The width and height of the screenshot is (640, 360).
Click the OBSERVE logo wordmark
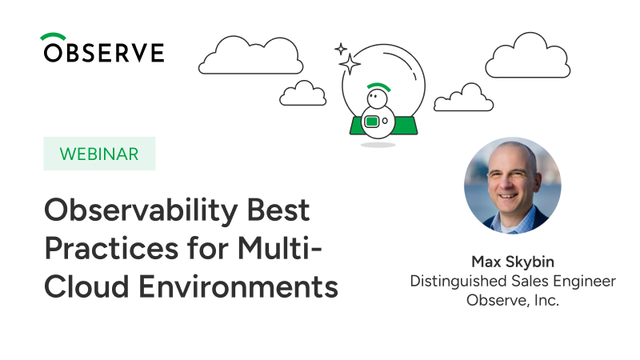(x=104, y=52)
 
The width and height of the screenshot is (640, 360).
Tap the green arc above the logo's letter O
(x=53, y=35)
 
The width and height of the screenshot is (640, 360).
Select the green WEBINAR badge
(x=99, y=154)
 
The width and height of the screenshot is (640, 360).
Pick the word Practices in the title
(x=111, y=248)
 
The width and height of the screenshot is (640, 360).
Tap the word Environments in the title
(x=238, y=286)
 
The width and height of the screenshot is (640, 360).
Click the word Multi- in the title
(x=280, y=248)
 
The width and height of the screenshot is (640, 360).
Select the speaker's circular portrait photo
(x=513, y=186)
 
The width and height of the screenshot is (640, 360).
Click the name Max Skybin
(x=513, y=262)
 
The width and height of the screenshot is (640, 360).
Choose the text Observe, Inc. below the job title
(x=513, y=301)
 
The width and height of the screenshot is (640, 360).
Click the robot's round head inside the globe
(x=377, y=98)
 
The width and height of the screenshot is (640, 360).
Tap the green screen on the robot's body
(x=371, y=122)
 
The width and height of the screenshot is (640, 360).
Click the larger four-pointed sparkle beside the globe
(x=350, y=64)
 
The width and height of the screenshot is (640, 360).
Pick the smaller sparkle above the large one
(x=341, y=50)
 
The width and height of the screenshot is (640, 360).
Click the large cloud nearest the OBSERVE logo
(x=250, y=56)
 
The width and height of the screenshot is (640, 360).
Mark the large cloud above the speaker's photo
(x=528, y=55)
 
